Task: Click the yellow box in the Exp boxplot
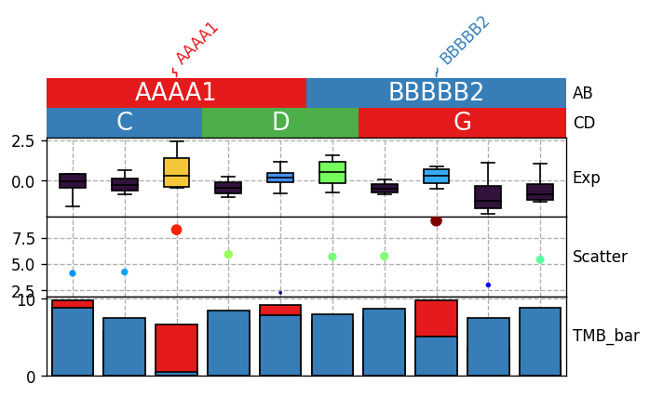point(177,172)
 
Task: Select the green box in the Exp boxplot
point(332,172)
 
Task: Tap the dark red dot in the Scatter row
point(436,221)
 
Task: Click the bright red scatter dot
point(177,230)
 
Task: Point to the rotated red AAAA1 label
point(196,44)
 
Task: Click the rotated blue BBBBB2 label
point(465,41)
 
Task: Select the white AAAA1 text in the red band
point(175,92)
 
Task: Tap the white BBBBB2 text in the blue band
point(436,92)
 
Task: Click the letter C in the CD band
point(125,122)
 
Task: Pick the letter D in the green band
point(280,122)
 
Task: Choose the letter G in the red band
point(463,122)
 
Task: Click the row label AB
point(582,93)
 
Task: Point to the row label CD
point(584,123)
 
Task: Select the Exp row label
point(586,178)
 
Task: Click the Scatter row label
point(600,257)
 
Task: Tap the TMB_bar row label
point(606,336)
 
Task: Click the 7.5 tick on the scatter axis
point(23,239)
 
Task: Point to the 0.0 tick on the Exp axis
point(23,181)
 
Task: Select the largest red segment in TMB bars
point(177,348)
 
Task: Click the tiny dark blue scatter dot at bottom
point(280,293)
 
